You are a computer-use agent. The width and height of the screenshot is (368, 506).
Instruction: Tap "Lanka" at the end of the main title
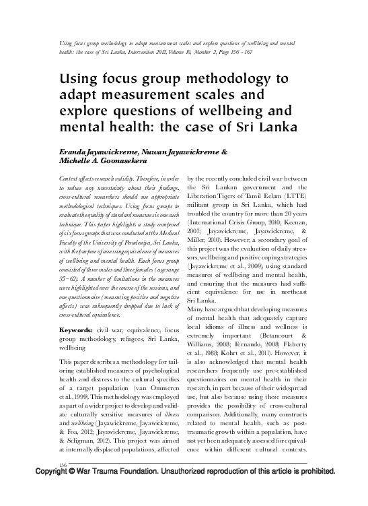[240, 126]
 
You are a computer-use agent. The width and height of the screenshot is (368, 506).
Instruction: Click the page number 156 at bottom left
[46, 464]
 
